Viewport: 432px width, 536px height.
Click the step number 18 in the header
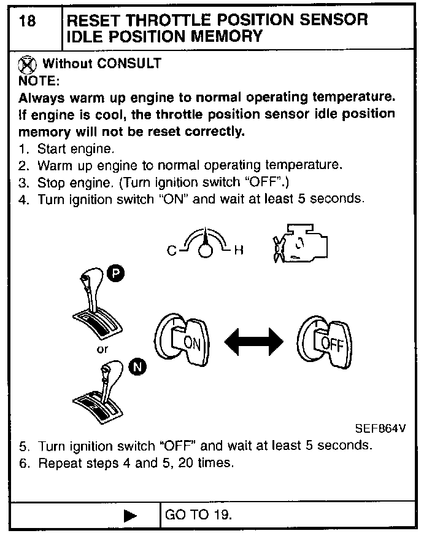pyautogui.click(x=27, y=20)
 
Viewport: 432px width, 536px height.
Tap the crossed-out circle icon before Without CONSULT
pyautogui.click(x=26, y=63)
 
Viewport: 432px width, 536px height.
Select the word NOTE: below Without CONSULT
pyautogui.click(x=39, y=81)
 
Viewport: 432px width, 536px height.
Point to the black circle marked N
pyautogui.click(x=139, y=368)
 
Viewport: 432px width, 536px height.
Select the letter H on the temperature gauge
pyautogui.click(x=240, y=250)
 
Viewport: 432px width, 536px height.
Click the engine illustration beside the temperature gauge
pyautogui.click(x=300, y=248)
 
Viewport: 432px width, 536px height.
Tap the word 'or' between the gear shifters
pyautogui.click(x=102, y=349)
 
